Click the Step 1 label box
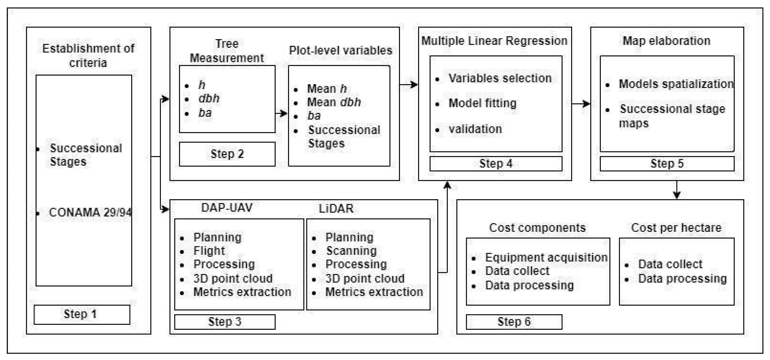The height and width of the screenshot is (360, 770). tap(82, 314)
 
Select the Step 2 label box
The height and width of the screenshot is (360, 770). tap(227, 154)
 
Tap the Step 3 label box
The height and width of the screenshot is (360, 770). tap(225, 322)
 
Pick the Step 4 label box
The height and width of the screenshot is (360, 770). tap(496, 164)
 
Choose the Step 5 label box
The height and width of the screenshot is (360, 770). tap(667, 164)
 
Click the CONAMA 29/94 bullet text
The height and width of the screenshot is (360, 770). tap(90, 213)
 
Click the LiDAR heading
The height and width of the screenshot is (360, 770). tap(336, 208)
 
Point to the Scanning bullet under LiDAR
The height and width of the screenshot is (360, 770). tap(352, 251)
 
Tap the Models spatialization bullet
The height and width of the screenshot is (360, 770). tap(676, 84)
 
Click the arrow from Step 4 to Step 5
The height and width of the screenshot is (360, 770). tap(581, 104)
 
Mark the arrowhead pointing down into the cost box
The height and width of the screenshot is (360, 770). tap(677, 195)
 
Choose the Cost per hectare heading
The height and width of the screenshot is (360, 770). tap(676, 228)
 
